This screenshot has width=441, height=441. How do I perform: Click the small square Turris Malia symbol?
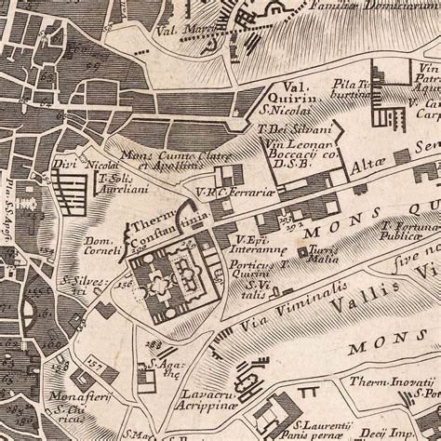tap(301, 251)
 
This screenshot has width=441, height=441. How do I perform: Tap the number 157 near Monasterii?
tap(94, 357)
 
